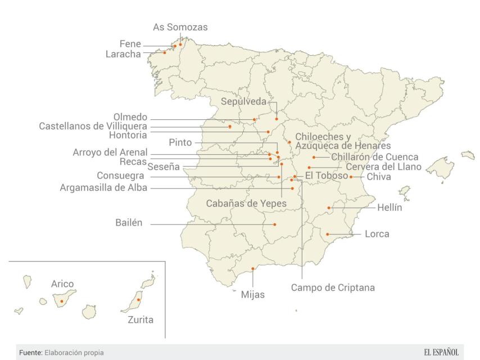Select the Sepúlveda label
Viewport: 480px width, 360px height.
244,102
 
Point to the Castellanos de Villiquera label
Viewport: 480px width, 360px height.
93,126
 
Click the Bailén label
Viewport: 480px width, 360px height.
129,223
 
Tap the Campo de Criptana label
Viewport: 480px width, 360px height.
332,287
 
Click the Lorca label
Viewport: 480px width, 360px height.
377,233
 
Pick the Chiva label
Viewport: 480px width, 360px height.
378,177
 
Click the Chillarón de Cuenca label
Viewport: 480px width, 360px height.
374,156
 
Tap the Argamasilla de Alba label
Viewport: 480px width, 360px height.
103,188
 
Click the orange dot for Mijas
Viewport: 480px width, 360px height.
253,269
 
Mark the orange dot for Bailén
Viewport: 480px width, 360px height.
275,224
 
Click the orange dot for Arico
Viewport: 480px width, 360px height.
62,301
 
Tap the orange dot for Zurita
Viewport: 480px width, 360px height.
138,300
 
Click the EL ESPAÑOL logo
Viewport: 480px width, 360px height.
441,352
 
